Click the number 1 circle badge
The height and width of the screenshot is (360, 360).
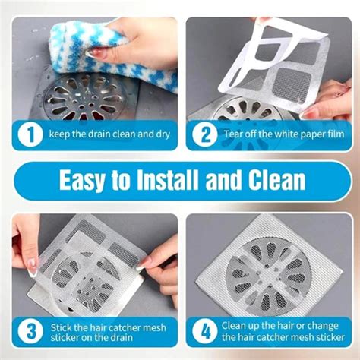pos(30,134)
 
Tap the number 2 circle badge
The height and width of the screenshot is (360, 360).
pos(205,134)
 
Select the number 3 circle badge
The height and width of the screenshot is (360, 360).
pos(30,332)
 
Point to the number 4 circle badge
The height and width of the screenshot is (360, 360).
pos(205,332)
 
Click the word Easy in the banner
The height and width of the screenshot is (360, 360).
pos(90,180)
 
